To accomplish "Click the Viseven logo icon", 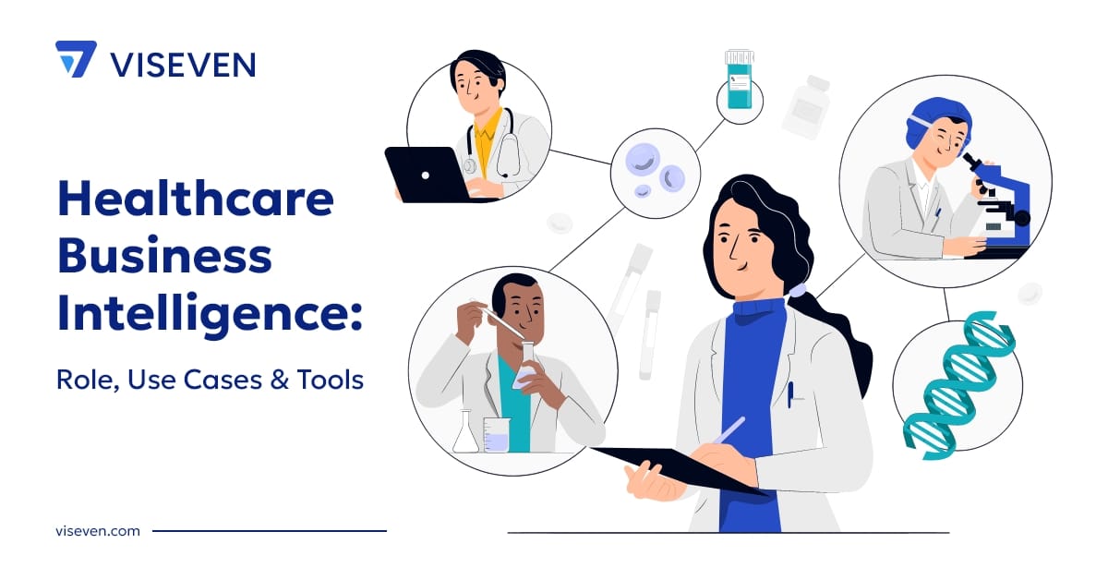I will [76, 59].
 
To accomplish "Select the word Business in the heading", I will [164, 256].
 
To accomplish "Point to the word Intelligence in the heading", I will [209, 314].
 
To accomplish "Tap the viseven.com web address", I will [97, 531].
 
